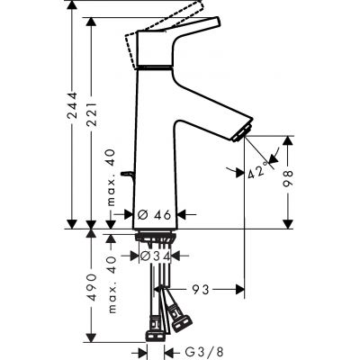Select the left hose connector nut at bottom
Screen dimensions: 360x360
pyautogui.click(x=148, y=327)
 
